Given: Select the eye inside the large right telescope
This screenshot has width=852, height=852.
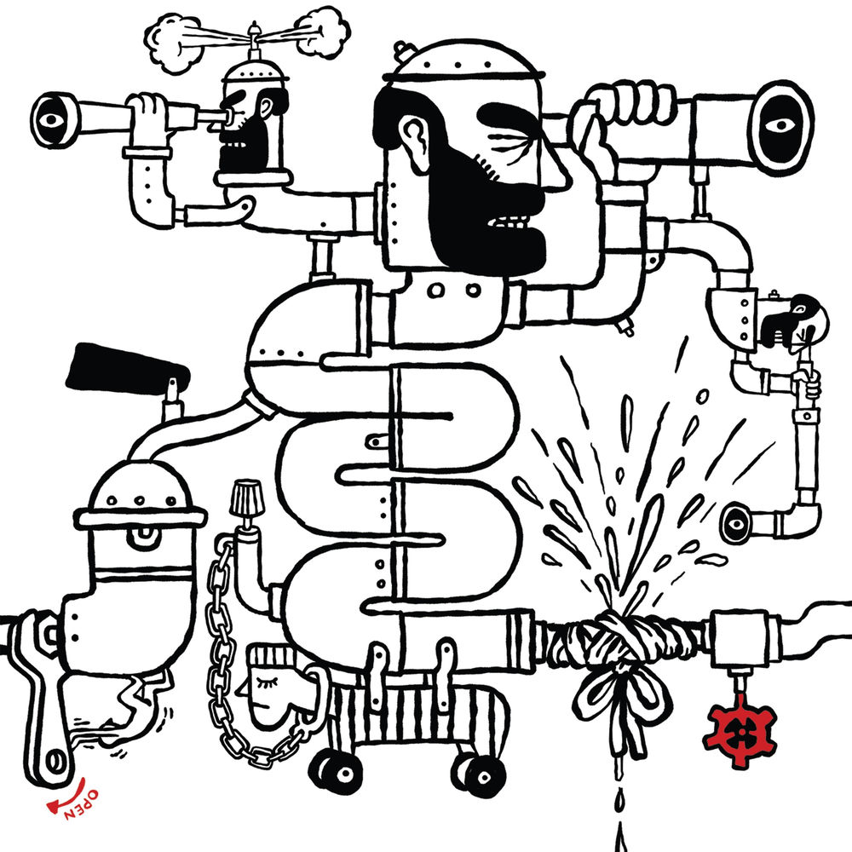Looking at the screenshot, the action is click(780, 125).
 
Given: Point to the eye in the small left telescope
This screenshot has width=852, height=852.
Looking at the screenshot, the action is click(50, 119).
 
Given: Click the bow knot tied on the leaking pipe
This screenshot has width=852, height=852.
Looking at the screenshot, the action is click(619, 685).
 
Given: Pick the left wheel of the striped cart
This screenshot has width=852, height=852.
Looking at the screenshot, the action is click(335, 772).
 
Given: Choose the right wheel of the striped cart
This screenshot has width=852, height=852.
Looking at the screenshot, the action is click(479, 776).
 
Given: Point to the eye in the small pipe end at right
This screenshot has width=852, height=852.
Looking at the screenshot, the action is click(735, 523).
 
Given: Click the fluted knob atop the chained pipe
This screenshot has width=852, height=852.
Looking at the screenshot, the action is click(245, 498).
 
